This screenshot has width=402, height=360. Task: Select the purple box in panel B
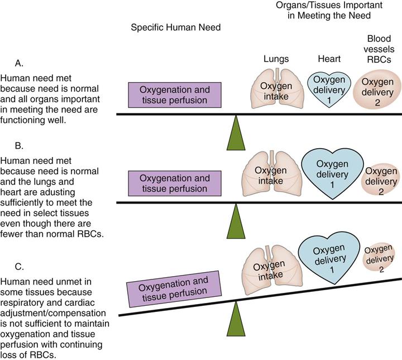pyautogui.click(x=167, y=183)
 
